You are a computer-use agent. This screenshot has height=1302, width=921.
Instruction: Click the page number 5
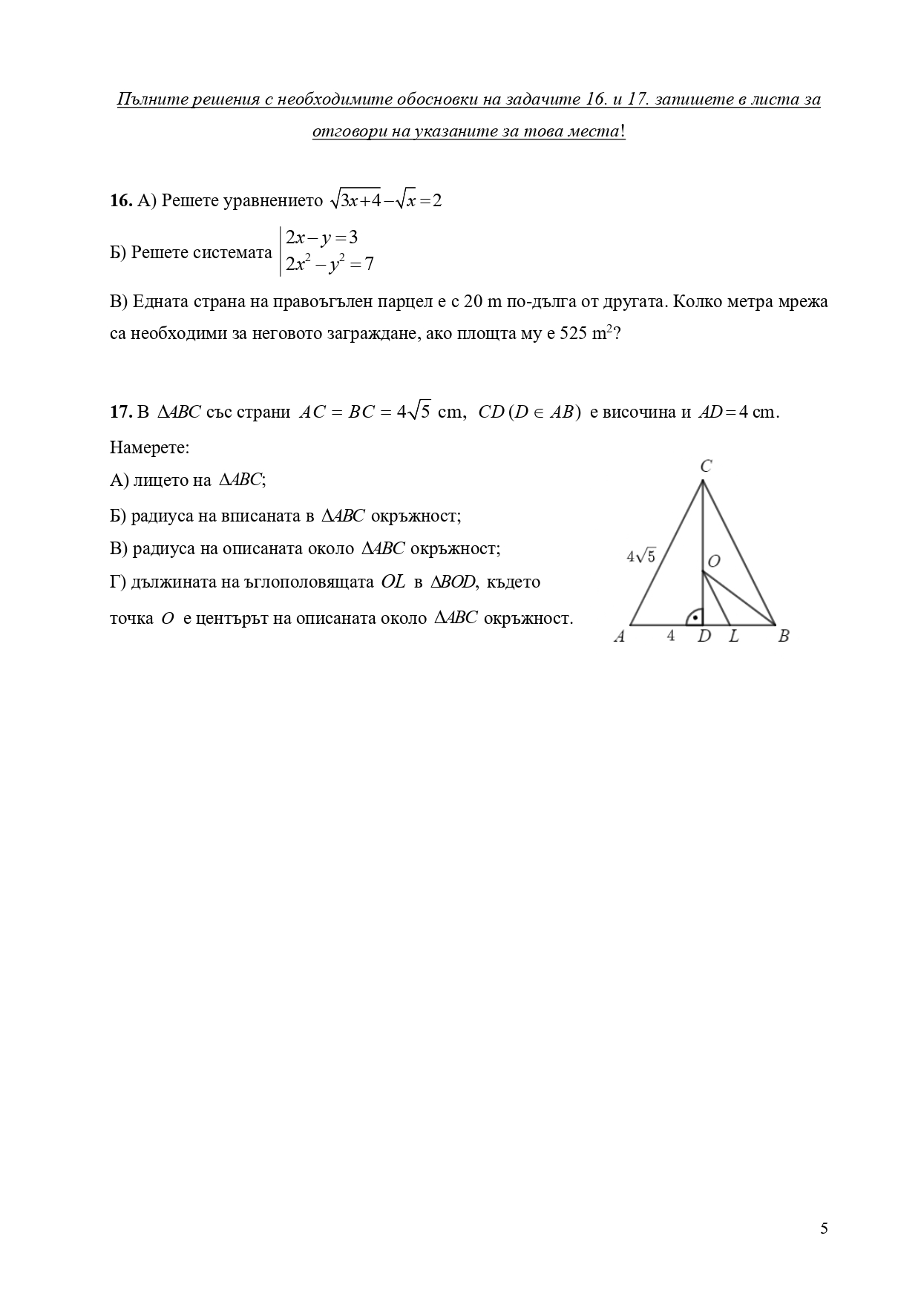click(x=824, y=1228)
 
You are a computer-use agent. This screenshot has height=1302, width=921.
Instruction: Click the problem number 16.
click(x=121, y=201)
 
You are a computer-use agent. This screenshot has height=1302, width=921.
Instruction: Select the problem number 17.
click(x=121, y=412)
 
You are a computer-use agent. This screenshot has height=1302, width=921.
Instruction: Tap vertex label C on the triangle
click(x=706, y=466)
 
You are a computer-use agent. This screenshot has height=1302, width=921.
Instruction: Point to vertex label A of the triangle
click(x=620, y=637)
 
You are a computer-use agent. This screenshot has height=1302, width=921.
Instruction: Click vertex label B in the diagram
click(x=783, y=637)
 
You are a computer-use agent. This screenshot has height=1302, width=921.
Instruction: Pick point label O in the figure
click(x=713, y=562)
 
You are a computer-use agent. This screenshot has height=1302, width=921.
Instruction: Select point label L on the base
click(x=733, y=637)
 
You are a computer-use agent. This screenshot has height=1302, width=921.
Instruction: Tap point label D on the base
click(x=704, y=637)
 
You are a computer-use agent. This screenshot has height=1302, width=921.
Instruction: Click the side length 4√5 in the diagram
click(x=640, y=556)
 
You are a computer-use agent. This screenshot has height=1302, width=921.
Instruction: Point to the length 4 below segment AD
click(x=670, y=636)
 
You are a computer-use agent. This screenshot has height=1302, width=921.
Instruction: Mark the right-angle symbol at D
click(x=695, y=617)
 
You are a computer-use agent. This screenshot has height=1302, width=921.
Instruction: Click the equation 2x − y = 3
click(x=322, y=238)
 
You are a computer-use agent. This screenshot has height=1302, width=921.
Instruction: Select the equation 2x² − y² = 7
click(x=330, y=264)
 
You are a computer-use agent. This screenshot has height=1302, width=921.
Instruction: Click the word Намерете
click(x=149, y=447)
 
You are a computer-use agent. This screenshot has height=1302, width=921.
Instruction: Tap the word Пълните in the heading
click(x=147, y=99)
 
